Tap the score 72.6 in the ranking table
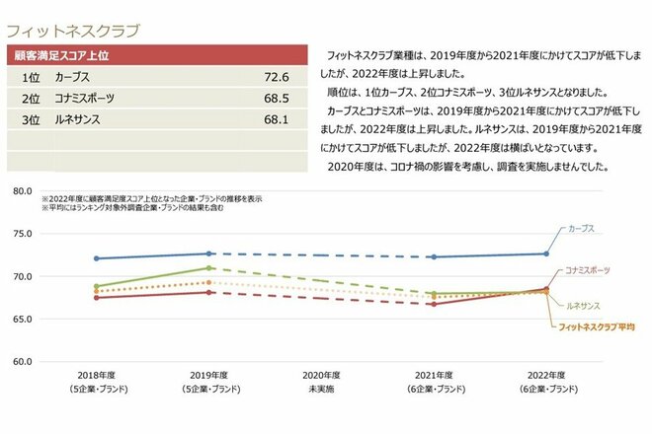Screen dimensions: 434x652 tap(276, 77)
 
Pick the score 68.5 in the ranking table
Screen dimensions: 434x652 tap(276, 99)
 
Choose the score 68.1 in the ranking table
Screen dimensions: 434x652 tap(276, 120)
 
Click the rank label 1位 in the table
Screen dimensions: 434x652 tap(30, 77)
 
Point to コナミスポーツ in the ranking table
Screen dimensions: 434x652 tap(85, 99)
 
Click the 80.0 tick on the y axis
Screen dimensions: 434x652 tap(23, 190)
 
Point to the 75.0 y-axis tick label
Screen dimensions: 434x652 tap(23, 234)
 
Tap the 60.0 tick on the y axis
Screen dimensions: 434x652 tap(23, 361)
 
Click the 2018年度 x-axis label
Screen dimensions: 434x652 tap(96, 376)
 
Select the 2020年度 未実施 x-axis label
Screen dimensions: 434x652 tap(322, 382)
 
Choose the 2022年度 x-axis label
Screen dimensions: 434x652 tap(547, 376)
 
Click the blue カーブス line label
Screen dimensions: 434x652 tap(582, 228)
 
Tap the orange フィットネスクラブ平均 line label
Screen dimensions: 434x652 tap(597, 325)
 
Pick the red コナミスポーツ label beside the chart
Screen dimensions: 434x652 tap(588, 269)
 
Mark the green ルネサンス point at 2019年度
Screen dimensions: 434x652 tap(208, 267)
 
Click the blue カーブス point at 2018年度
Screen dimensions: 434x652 tap(96, 258)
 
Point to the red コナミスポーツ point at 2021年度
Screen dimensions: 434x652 tap(435, 304)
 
